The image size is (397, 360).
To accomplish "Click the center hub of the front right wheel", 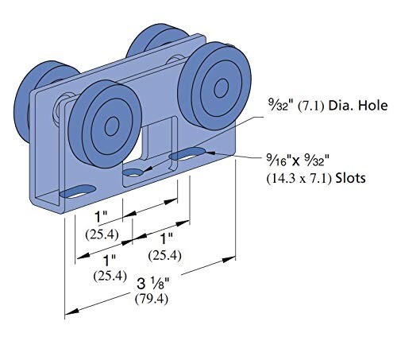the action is pyautogui.click(x=222, y=88).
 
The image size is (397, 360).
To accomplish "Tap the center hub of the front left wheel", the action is pyautogui.click(x=112, y=127).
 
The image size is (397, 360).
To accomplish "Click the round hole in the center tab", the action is pyautogui.click(x=133, y=172).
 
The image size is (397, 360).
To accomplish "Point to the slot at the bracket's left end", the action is pyautogui.click(x=78, y=192).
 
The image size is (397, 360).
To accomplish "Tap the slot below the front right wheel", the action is pyautogui.click(x=187, y=154).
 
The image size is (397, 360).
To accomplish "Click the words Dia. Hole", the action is pyautogui.click(x=358, y=106).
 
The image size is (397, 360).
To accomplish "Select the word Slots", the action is pyautogui.click(x=350, y=178).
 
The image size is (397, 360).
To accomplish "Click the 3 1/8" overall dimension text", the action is pyautogui.click(x=153, y=284).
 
